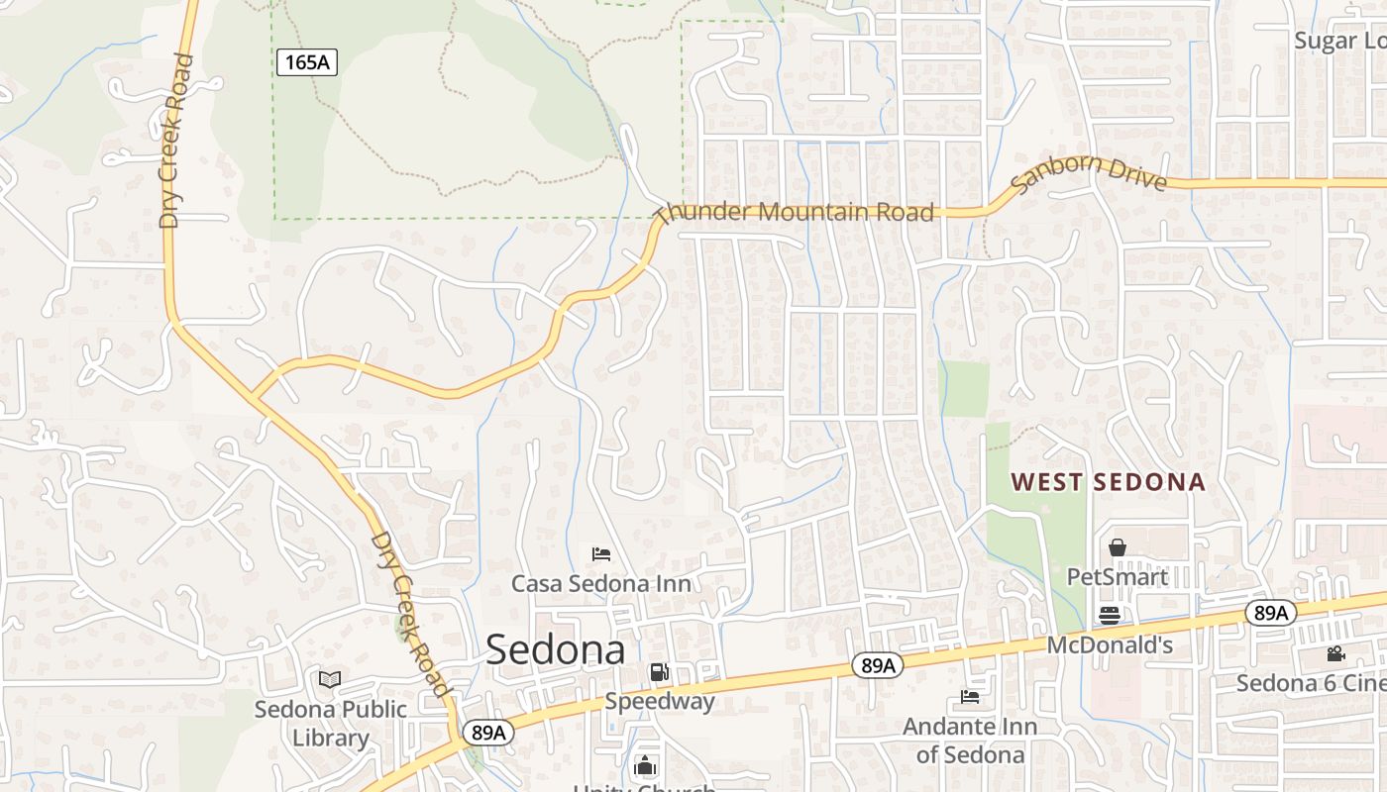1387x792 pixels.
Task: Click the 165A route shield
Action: [307, 62]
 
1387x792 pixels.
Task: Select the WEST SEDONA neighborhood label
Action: [1108, 482]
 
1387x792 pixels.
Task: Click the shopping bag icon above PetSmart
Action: [1118, 547]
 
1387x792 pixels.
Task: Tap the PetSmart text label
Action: [1117, 576]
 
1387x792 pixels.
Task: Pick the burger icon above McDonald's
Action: [1109, 616]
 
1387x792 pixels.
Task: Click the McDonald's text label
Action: [1110, 645]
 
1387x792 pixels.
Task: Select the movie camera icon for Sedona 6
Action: [1335, 653]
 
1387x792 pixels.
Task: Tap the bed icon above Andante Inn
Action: [970, 697]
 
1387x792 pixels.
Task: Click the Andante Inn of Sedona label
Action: [970, 741]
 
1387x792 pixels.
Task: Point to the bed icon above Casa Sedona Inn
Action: [600, 553]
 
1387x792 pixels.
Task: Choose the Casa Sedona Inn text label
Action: [600, 583]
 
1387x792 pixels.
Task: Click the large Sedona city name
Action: [556, 650]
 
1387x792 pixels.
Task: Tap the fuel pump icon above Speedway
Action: [659, 673]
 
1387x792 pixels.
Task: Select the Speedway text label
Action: [660, 702]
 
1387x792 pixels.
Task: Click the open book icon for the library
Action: [330, 680]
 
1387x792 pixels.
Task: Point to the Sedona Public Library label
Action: [330, 724]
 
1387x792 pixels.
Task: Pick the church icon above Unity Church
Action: [645, 765]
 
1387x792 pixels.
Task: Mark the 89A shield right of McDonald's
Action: [1270, 613]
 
